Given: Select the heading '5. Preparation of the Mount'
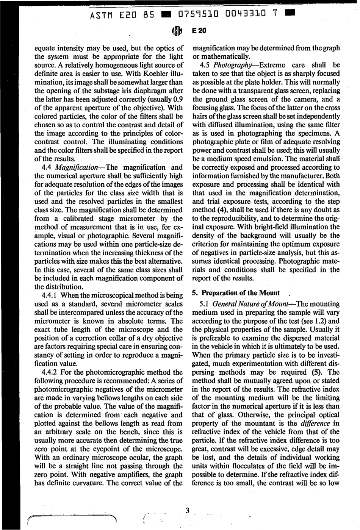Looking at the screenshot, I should point(236,293).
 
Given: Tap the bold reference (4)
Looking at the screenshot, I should point(222,210).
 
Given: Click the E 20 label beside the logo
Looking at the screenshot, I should point(199,31).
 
